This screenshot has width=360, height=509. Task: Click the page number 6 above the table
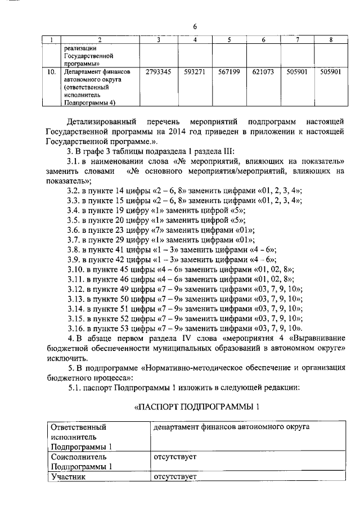(x=195, y=26)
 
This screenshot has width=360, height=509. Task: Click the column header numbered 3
(x=159, y=39)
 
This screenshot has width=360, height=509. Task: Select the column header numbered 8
(x=331, y=39)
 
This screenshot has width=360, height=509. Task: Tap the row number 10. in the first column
(x=51, y=73)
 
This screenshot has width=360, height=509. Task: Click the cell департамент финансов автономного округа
(x=231, y=427)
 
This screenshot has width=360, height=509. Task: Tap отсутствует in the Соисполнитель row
(x=174, y=457)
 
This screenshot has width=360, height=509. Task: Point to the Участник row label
(x=68, y=477)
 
